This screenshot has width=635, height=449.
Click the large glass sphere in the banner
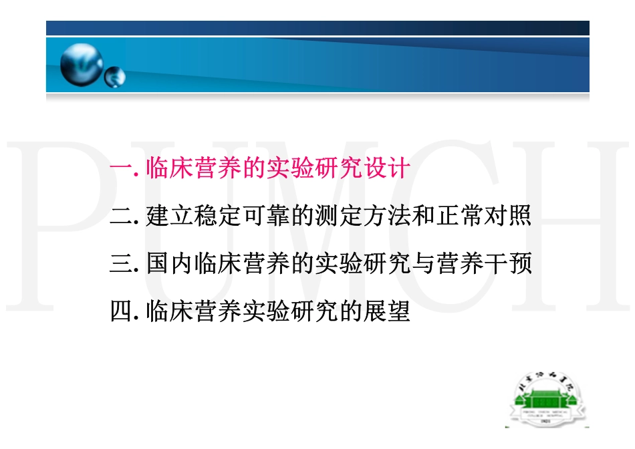tap(81, 65)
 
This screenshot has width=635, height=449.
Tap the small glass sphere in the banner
tap(114, 77)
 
